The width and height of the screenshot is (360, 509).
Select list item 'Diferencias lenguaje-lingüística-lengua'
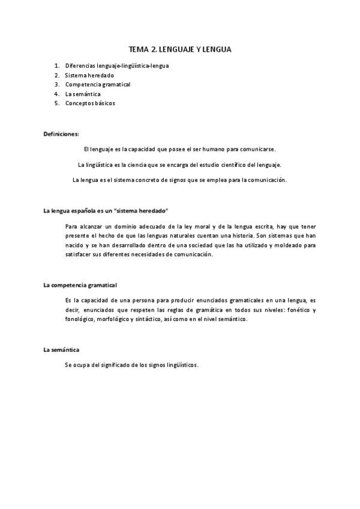pos(116,65)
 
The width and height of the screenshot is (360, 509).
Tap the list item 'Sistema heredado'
pos(89,75)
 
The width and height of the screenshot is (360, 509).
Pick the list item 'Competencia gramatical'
pos(98,85)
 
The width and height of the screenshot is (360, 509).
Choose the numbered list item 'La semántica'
pos(83,94)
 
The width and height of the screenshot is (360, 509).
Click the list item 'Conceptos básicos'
pos(90,103)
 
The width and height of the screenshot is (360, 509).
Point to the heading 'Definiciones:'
pos(61,133)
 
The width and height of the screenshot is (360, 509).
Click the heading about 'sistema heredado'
pos(106,211)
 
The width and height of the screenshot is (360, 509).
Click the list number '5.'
pos(56,103)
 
